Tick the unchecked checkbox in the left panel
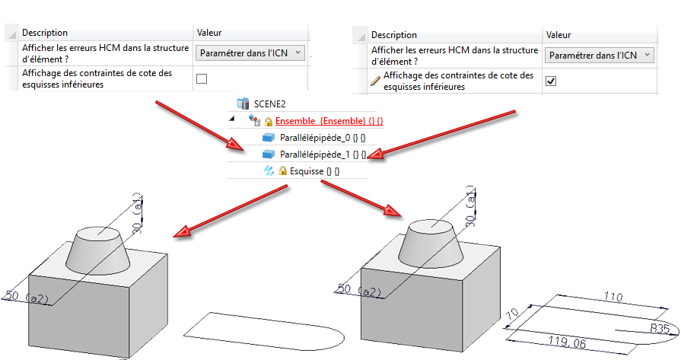(202, 78)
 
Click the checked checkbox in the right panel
(551, 81)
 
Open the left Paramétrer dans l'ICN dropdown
(250, 53)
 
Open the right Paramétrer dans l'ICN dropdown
(600, 55)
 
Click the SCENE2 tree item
(269, 104)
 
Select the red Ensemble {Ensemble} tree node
(329, 121)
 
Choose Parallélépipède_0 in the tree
(323, 138)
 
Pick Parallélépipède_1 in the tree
(323, 155)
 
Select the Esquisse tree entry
(314, 171)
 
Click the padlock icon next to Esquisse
(283, 170)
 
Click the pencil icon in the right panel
(375, 81)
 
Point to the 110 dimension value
(613, 298)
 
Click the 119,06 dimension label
(567, 342)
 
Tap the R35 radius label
(659, 329)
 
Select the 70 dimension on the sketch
(513, 314)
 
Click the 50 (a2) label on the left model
(27, 297)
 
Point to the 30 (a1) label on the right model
(470, 210)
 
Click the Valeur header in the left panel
(209, 33)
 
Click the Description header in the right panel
(394, 35)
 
